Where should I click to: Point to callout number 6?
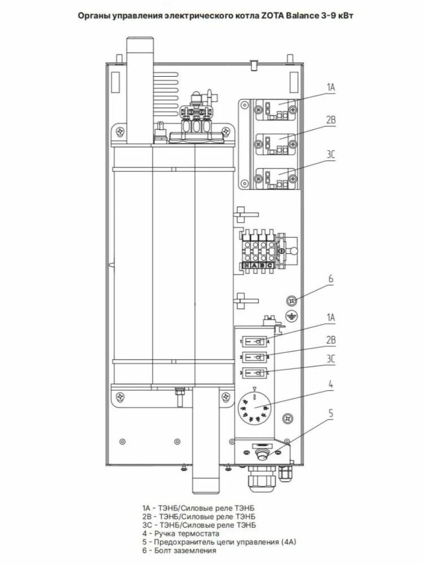331,279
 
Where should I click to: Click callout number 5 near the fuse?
331,413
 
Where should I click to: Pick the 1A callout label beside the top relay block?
331,88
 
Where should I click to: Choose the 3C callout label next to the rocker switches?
331,358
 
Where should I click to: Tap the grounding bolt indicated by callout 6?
292,299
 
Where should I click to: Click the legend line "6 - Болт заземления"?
179,550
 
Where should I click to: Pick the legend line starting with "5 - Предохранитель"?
219,541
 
